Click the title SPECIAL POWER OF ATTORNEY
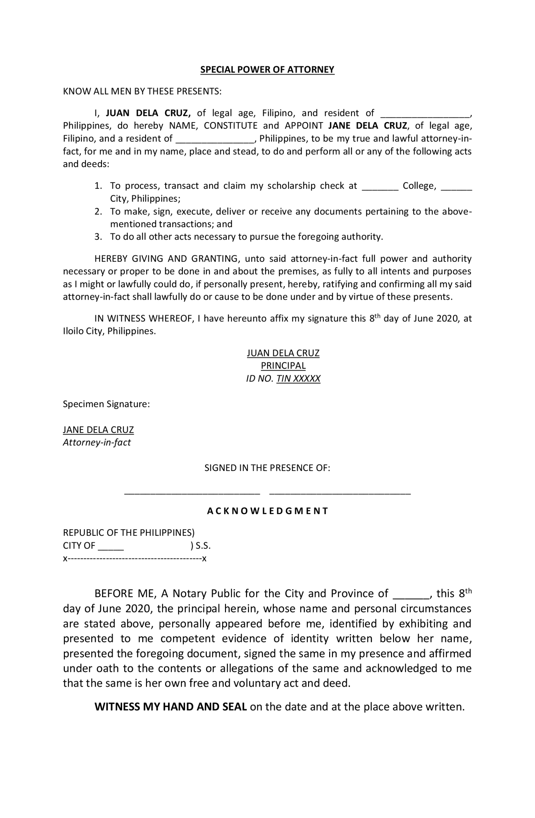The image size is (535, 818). click(267, 70)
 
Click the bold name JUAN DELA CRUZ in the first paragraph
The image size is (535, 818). click(148, 113)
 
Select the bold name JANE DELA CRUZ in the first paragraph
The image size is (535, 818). click(367, 126)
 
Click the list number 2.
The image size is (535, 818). click(98, 212)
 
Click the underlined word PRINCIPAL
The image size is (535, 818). click(283, 366)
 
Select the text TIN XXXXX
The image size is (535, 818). click(298, 379)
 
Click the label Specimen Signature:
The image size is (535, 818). click(106, 404)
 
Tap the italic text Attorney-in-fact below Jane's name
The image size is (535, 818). click(97, 443)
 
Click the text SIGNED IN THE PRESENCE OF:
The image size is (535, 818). click(267, 468)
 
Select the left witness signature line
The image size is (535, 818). click(192, 494)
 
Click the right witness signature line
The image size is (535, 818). click(340, 494)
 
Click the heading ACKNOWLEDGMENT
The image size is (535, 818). click(267, 511)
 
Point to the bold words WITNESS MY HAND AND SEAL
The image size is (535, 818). click(171, 707)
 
